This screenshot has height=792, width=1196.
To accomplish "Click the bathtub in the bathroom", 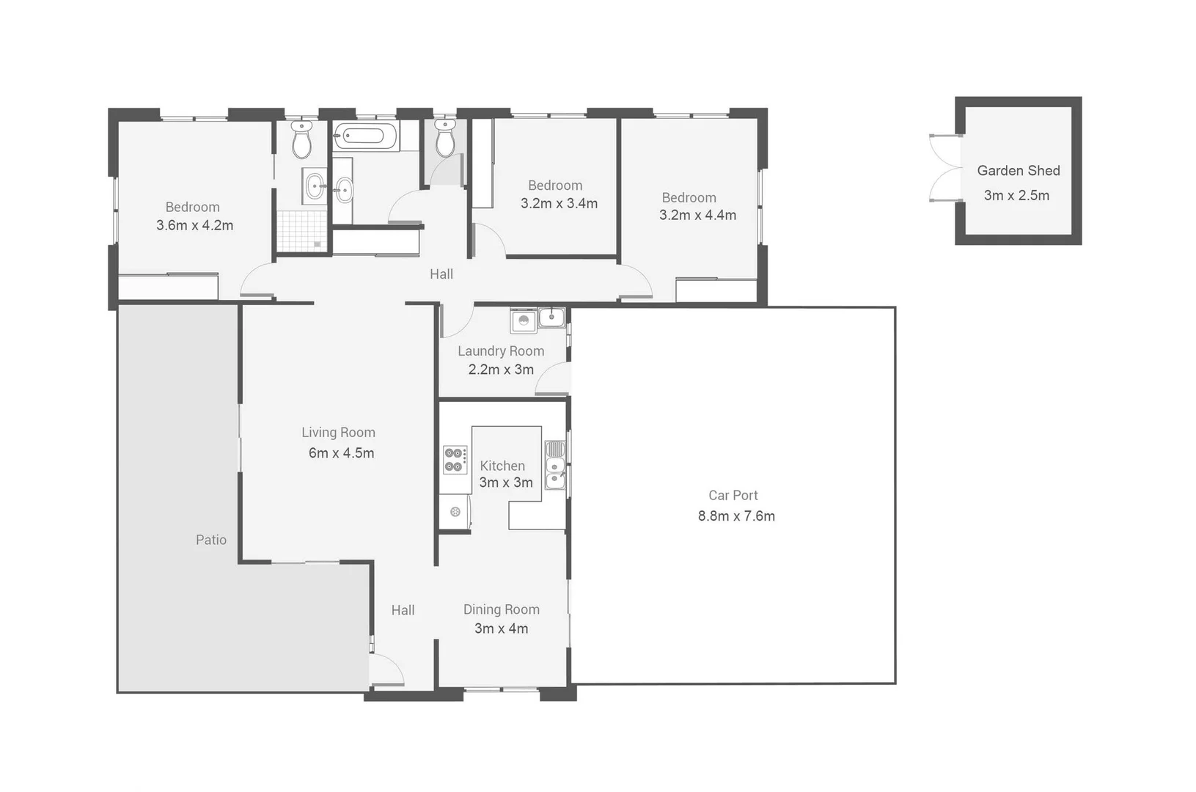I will point(366,136).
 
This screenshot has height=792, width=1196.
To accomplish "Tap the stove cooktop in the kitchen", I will point(455,460).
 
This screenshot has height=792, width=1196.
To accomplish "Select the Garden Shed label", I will point(1018,171).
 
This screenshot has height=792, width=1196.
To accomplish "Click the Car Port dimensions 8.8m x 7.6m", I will point(736,516).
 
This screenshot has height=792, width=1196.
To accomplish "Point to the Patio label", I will point(211,540).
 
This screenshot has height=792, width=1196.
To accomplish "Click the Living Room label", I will point(338,433).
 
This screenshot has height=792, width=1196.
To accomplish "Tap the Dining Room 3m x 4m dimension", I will point(501,628).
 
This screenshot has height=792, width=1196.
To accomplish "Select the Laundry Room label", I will point(501,351).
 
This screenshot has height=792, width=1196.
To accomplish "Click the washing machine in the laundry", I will point(524,320).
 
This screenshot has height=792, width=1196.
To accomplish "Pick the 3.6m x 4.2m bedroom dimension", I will point(194,226).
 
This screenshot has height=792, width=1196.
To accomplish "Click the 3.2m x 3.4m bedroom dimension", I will point(559,204).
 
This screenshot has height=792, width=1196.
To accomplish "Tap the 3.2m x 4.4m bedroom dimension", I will point(697,216).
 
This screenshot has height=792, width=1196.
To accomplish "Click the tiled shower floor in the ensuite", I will point(301,231).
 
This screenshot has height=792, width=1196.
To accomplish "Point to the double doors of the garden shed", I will point(944,169).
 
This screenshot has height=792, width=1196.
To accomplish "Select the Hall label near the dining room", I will point(403,610).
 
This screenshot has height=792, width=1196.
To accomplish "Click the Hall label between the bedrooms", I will point(441,274).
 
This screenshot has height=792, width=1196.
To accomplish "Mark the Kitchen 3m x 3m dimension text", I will point(505,483).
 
